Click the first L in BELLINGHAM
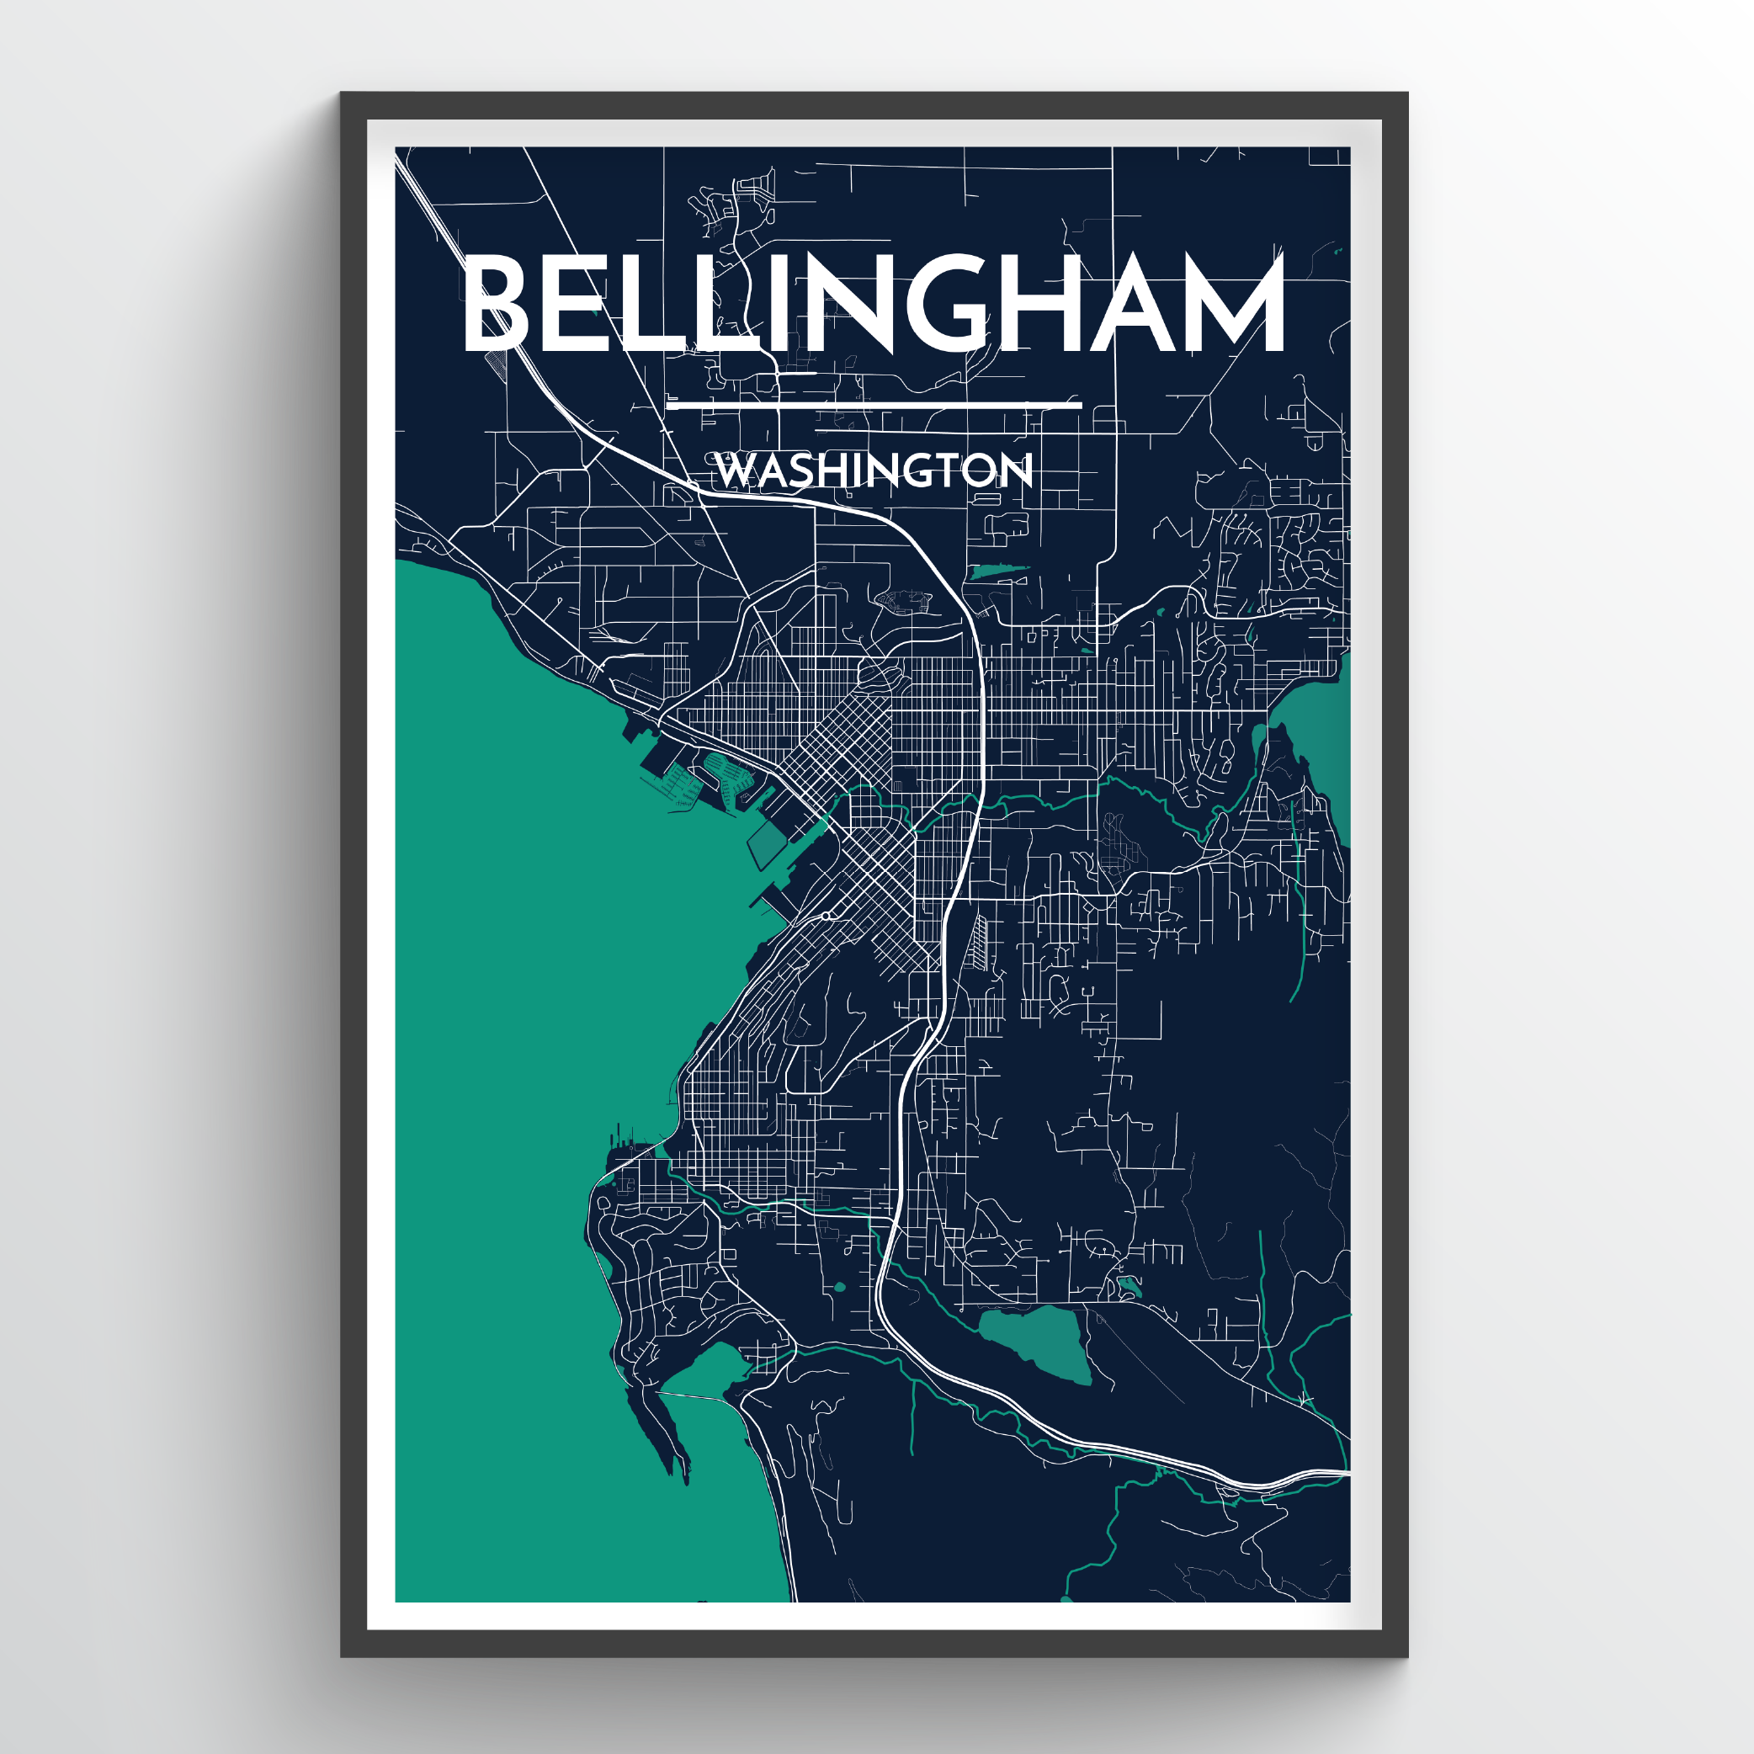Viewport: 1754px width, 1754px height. pos(638,303)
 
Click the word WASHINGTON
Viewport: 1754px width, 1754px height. pos(874,470)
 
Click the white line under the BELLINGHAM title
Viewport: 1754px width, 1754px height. pos(874,405)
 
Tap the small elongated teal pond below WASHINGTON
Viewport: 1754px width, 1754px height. pos(999,572)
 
